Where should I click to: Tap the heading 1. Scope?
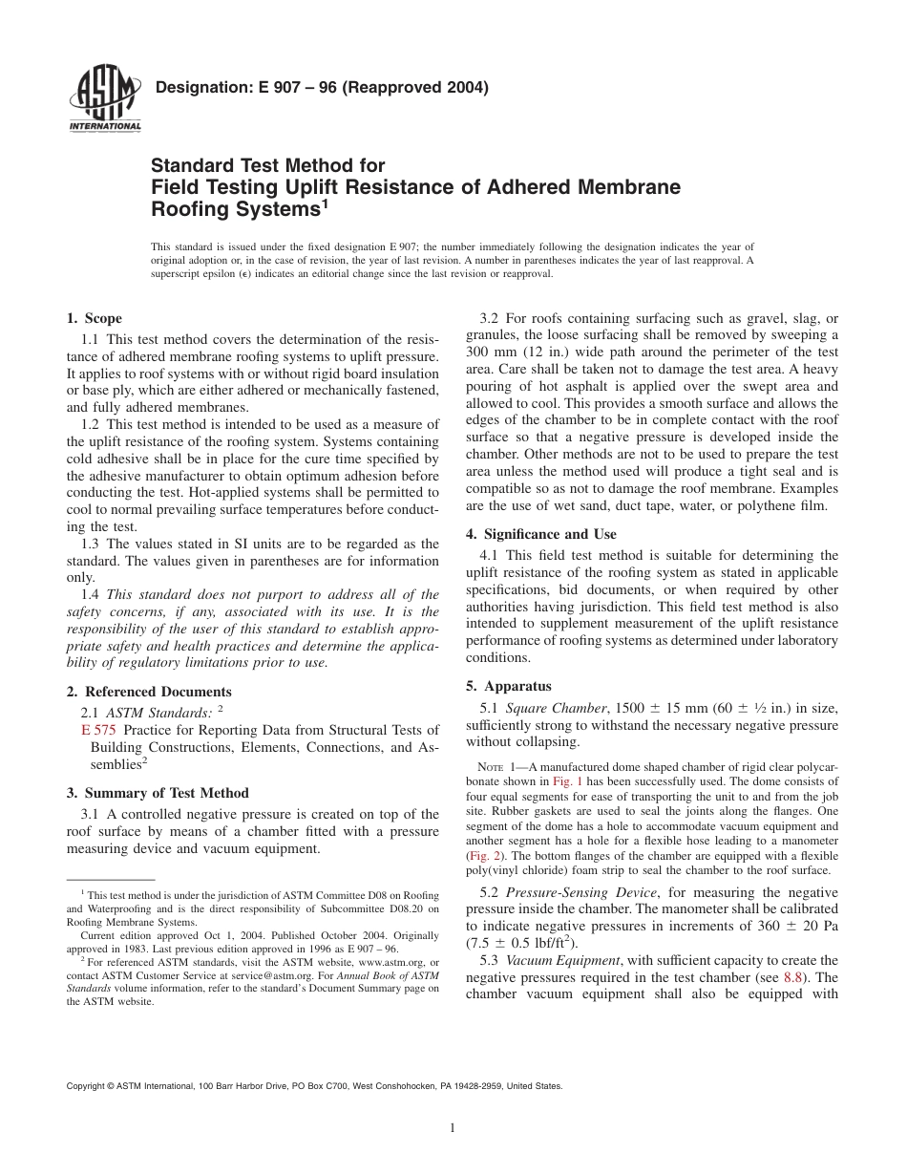(x=94, y=318)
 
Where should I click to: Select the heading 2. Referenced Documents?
(x=148, y=692)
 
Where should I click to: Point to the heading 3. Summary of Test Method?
(x=157, y=793)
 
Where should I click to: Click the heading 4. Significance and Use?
(x=540, y=534)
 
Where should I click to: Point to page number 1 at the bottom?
(x=453, y=1128)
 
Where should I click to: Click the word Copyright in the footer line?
(x=86, y=1085)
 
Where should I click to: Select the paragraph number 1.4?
(x=91, y=593)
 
